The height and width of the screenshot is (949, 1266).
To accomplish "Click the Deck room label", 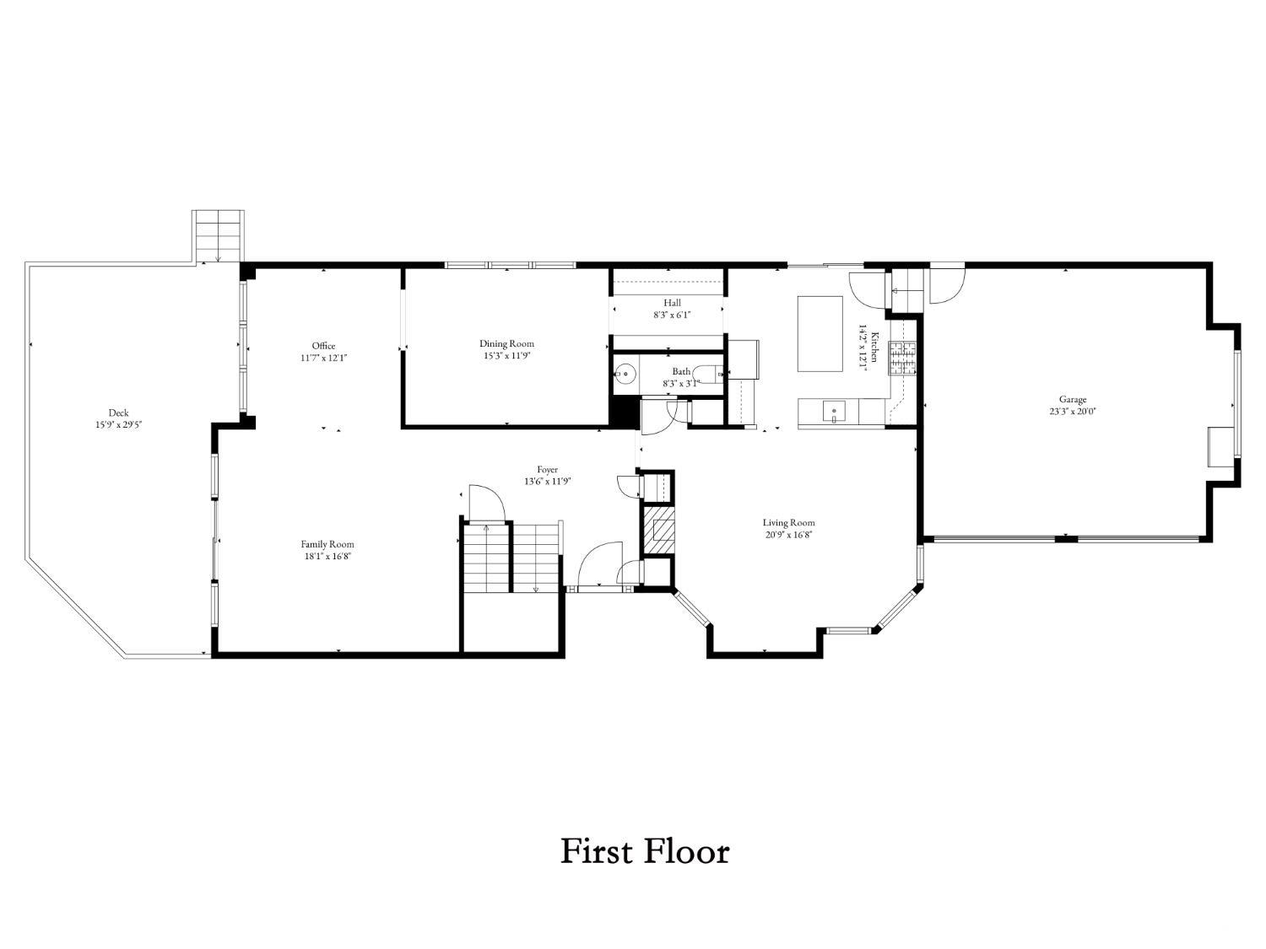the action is point(118,412).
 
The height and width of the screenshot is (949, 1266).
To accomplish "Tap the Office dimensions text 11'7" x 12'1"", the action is point(323,358).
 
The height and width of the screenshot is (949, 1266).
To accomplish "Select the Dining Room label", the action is point(506,343).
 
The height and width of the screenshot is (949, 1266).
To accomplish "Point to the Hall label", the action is point(672,303).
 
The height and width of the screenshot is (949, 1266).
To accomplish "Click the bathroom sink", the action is point(625,375).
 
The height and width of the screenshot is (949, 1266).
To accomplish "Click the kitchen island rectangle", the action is point(820,333).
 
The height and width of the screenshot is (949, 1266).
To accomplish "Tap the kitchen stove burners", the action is point(902,359).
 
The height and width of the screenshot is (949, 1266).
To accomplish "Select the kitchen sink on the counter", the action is point(833,412).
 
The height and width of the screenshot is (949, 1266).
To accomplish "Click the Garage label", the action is point(1072,399).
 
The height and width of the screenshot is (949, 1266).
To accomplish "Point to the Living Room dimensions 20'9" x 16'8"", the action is point(788,535).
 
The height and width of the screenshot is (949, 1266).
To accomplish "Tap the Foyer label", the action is point(548,470).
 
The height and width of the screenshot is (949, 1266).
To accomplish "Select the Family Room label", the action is point(327,544).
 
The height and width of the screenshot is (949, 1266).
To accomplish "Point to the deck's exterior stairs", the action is point(218,236).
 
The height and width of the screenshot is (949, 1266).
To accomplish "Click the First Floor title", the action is point(645,852).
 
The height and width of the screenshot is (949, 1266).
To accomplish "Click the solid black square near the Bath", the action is point(624,412).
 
